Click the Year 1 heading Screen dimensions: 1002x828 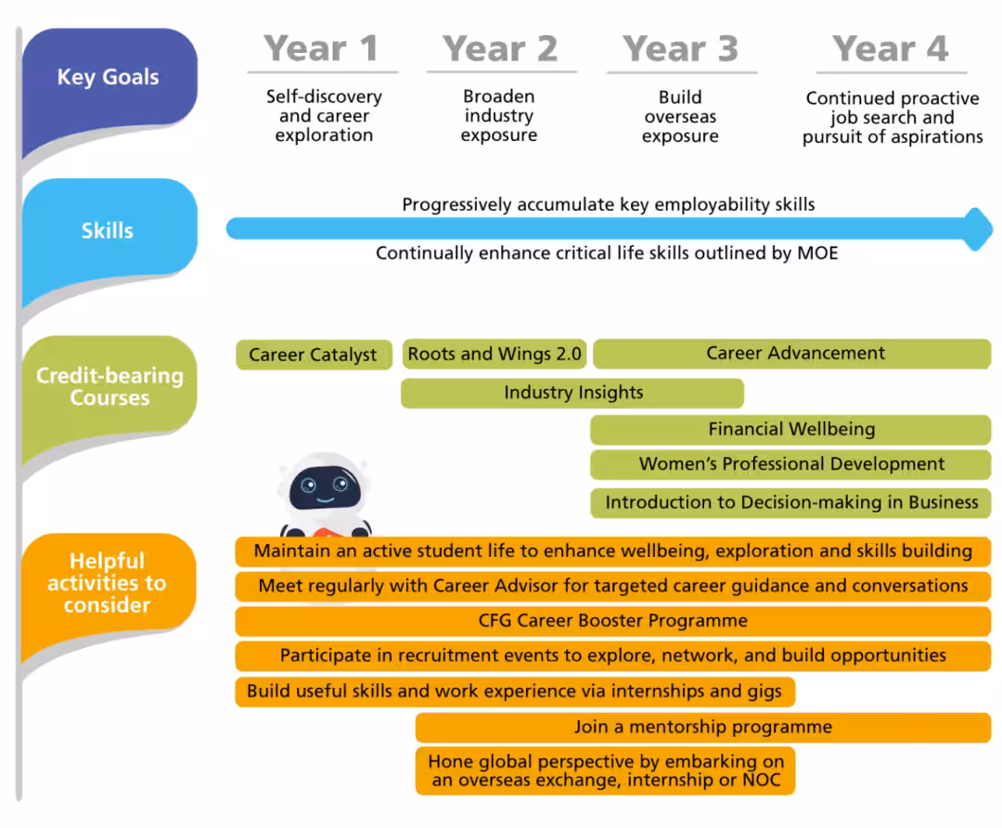coord(321,48)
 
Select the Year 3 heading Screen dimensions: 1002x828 coord(681,48)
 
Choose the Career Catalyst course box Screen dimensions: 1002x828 coord(314,355)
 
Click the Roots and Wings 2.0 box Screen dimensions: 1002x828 coord(494,354)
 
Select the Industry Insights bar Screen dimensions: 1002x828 coord(572,393)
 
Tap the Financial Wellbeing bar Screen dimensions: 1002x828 coord(790,429)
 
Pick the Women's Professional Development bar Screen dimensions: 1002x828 coord(790,464)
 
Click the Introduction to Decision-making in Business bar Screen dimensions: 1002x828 coord(790,502)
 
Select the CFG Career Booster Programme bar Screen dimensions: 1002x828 coord(613,621)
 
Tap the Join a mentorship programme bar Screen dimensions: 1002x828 coord(703,727)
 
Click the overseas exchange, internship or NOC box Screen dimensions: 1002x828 coord(605,770)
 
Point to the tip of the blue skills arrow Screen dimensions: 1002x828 coord(993,229)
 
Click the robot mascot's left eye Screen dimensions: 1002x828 coord(309,485)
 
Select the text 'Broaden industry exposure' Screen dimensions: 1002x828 coord(499,116)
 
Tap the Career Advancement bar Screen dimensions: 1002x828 coord(792,354)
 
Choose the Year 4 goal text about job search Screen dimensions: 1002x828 coord(893,118)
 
